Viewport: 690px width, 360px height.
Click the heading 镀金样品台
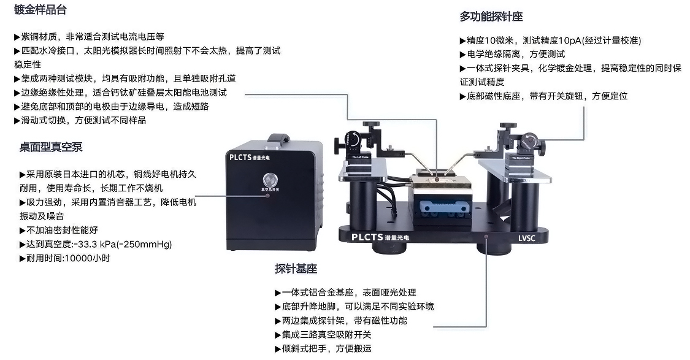point(40,10)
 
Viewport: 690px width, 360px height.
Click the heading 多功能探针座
point(491,17)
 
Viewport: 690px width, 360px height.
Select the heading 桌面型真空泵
point(51,148)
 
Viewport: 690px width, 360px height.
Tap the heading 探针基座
point(296,269)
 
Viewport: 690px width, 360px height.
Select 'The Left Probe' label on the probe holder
point(361,158)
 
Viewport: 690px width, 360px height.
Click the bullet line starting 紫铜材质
point(89,37)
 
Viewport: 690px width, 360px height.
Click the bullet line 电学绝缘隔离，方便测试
point(512,54)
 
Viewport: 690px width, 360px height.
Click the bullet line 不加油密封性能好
point(59,231)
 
